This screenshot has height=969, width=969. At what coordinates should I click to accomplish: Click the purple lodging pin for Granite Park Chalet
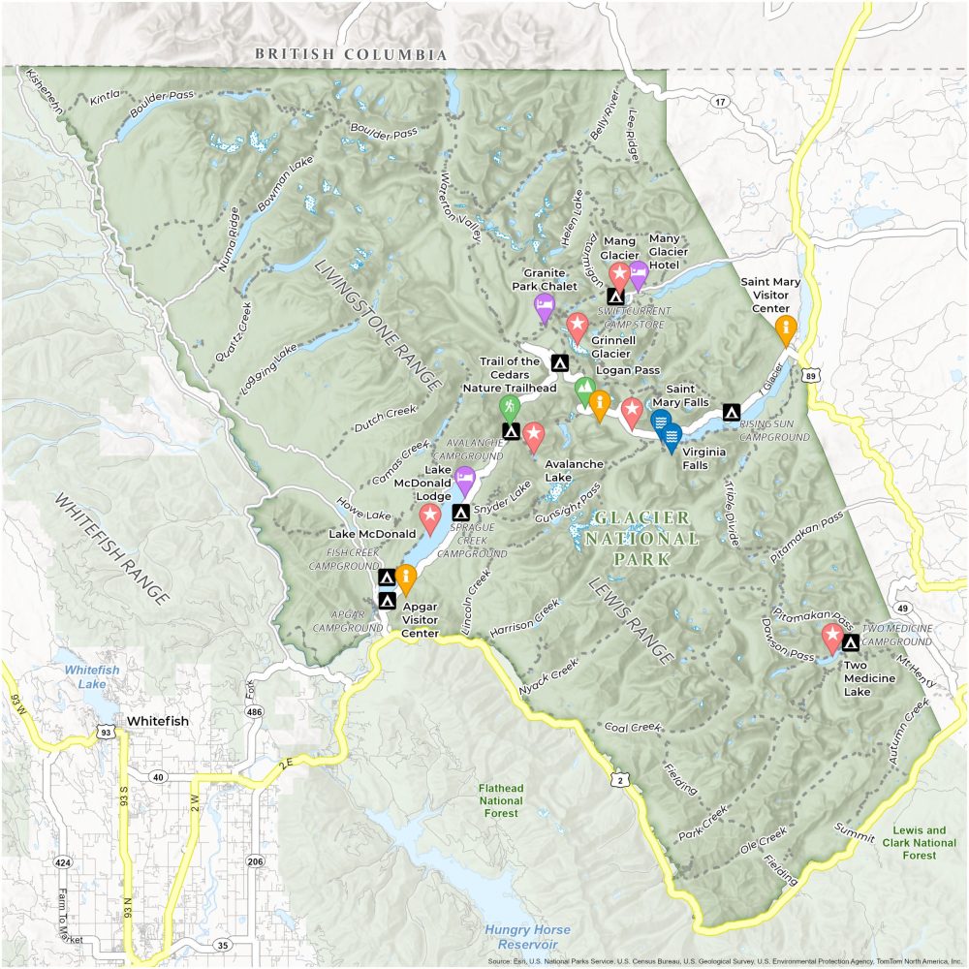(x=545, y=307)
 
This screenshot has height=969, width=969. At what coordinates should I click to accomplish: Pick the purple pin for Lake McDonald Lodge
(x=465, y=479)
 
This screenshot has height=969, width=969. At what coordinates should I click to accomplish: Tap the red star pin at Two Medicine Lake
(x=831, y=637)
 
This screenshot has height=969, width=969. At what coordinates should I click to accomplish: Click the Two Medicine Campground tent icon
(x=851, y=642)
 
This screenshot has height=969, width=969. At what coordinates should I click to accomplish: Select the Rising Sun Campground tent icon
(x=732, y=412)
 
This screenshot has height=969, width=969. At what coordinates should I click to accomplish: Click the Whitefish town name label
(x=157, y=722)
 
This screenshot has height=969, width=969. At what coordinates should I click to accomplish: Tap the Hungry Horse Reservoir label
(x=527, y=937)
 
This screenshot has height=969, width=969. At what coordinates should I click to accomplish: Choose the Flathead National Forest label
(x=500, y=800)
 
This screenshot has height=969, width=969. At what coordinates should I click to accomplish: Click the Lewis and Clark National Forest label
(x=921, y=843)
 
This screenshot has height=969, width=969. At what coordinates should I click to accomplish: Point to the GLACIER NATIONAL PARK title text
(x=644, y=539)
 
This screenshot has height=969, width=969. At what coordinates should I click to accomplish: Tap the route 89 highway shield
(x=811, y=374)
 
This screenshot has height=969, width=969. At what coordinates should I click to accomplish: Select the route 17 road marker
(x=719, y=101)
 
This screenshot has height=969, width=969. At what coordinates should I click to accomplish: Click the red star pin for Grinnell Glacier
(x=578, y=327)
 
